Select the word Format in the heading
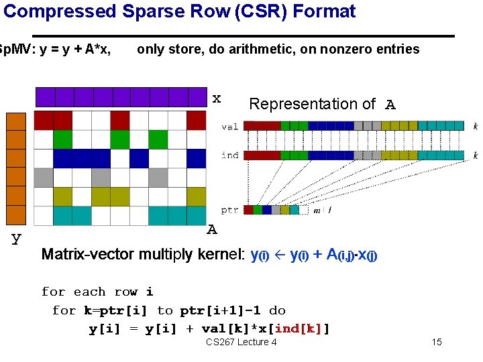pyautogui.click(x=330, y=11)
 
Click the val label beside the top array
pyautogui.click(x=229, y=126)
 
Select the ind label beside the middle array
pyautogui.click(x=229, y=155)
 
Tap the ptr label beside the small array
pyautogui.click(x=229, y=210)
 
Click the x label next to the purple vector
pyautogui.click(x=217, y=99)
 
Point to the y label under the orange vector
pyautogui.click(x=16, y=238)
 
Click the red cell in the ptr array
pyautogui.click(x=248, y=210)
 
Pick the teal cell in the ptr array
pyautogui.click(x=294, y=210)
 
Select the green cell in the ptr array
pyautogui.click(x=258, y=210)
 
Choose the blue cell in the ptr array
pyautogui.click(x=267, y=210)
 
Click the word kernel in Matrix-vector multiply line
pyautogui.click(x=221, y=255)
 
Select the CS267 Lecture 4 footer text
pyautogui.click(x=241, y=343)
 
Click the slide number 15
pyautogui.click(x=437, y=343)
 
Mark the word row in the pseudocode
pyautogui.click(x=126, y=292)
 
